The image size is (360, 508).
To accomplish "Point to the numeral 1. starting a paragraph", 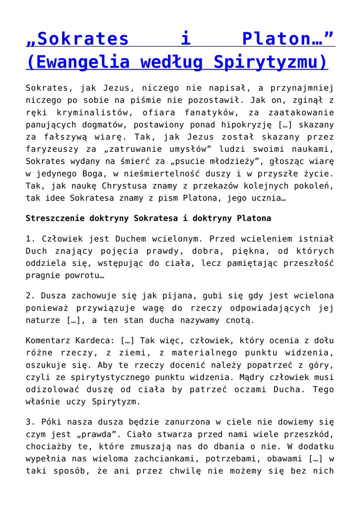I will (30, 239).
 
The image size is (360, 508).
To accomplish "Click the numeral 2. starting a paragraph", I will (30, 296).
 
